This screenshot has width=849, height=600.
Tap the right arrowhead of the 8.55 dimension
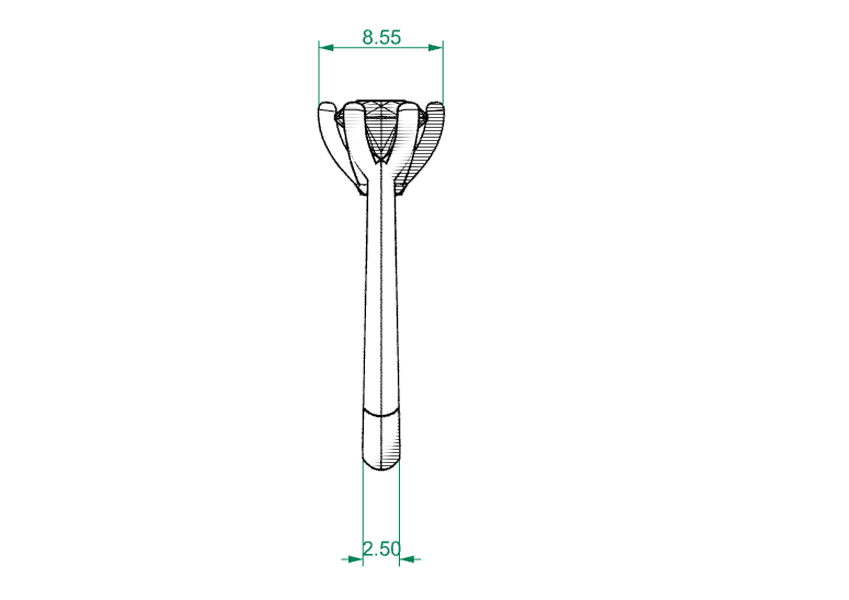[435, 48]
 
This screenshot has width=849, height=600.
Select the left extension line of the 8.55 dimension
[319, 74]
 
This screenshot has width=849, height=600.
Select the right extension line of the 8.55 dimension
[443, 74]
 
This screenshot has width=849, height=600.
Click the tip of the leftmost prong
[326, 104]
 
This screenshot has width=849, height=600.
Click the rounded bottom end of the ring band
[381, 470]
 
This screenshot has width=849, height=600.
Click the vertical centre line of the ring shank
[381, 296]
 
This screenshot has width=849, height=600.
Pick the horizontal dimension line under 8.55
[381, 48]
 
